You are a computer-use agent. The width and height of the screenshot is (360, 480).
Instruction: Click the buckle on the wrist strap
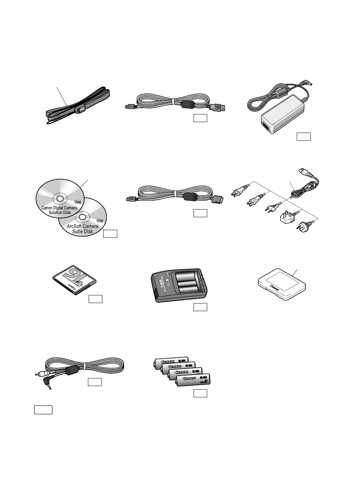[x=80, y=108]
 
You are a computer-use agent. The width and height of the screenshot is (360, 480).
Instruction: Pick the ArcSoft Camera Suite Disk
[x=82, y=220]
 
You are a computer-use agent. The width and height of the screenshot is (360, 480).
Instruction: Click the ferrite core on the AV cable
[x=77, y=369]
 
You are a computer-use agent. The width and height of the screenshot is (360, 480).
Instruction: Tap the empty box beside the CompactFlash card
[x=96, y=299]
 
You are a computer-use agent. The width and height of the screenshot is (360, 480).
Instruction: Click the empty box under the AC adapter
[x=304, y=136]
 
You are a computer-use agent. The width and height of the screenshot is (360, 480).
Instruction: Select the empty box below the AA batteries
[x=200, y=393]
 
